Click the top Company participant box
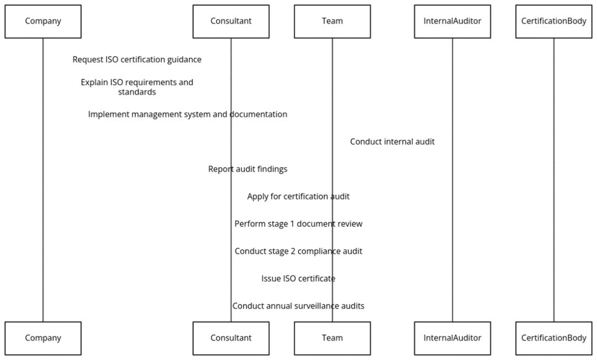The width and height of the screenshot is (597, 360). click(43, 22)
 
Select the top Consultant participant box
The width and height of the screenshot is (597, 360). click(231, 22)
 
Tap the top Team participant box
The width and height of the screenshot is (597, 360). click(332, 22)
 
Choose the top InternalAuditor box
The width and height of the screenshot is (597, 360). click(452, 22)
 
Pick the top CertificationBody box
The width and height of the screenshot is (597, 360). click(554, 22)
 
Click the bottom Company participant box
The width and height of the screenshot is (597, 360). click(43, 338)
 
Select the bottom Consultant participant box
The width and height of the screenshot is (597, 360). click(231, 338)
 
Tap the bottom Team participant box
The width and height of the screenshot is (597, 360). click(332, 338)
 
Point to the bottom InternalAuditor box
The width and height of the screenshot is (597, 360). click(452, 338)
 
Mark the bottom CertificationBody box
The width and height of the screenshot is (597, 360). click(554, 338)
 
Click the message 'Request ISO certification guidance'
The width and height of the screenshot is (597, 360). click(137, 60)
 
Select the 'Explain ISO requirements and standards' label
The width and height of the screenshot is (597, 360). click(137, 87)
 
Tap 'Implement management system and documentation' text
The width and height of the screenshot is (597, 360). click(188, 114)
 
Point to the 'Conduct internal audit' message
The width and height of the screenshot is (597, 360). click(392, 142)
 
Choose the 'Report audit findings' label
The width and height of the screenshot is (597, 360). click(248, 169)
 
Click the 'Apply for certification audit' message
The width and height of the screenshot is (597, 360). click(298, 197)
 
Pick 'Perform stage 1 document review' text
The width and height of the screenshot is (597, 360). click(298, 224)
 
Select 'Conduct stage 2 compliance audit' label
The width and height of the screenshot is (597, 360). click(298, 251)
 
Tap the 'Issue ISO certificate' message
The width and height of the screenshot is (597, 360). click(298, 279)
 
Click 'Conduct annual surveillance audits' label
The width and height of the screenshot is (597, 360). click(298, 306)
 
